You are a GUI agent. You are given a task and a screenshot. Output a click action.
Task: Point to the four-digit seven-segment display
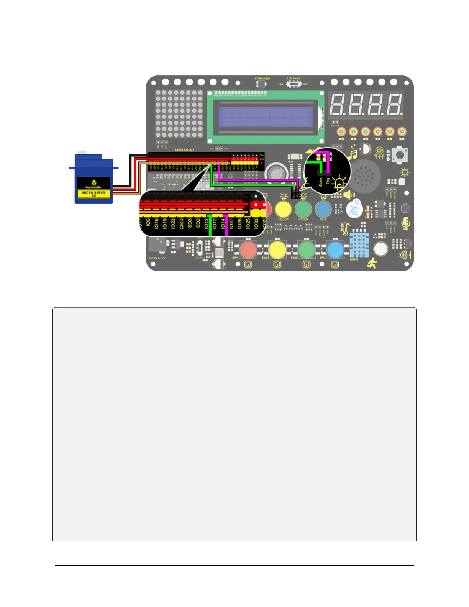pos(366,104)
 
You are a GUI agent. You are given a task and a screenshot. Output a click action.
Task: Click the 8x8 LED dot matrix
pos(179,114)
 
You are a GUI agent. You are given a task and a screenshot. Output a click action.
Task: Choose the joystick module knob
pos(400,155)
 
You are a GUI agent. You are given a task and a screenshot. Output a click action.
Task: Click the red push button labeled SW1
pos(248,250)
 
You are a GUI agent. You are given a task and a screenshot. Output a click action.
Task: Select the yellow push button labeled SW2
pos(277,250)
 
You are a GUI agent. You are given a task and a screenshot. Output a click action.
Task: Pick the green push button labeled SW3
pos(307,250)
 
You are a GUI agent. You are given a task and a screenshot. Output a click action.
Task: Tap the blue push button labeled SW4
pos(336,250)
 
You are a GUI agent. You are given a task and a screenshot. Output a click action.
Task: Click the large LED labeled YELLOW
pos(283,209)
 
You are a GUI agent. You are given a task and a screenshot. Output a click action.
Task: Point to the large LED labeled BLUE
pos(323,209)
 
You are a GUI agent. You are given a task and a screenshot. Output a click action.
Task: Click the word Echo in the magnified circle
pos(321,182)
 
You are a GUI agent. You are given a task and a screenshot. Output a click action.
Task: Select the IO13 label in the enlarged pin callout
pos(206,223)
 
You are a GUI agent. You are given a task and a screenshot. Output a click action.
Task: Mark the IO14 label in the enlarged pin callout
pos(223,223)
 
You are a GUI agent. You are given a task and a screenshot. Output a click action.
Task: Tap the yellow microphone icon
pos(406,223)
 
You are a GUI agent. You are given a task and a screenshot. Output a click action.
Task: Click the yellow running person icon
pos(372,264)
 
